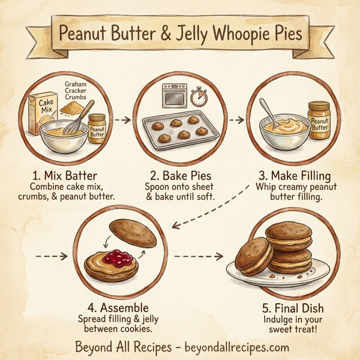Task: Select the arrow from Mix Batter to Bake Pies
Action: pos(123,120)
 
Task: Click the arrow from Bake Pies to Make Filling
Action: pos(237,120)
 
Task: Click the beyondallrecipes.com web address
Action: pos(236,347)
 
